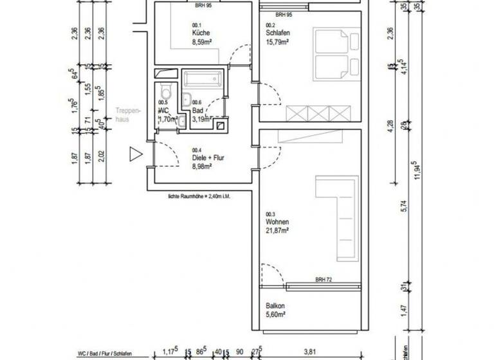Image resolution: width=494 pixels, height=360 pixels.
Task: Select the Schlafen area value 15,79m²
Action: coord(277,42)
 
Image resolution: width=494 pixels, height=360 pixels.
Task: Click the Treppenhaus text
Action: coord(124,114)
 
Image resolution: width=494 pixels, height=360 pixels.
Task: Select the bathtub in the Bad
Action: coord(203,80)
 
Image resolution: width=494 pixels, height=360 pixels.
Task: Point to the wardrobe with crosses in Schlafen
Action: coord(317,113)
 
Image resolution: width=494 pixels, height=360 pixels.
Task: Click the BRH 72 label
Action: coord(324,280)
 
